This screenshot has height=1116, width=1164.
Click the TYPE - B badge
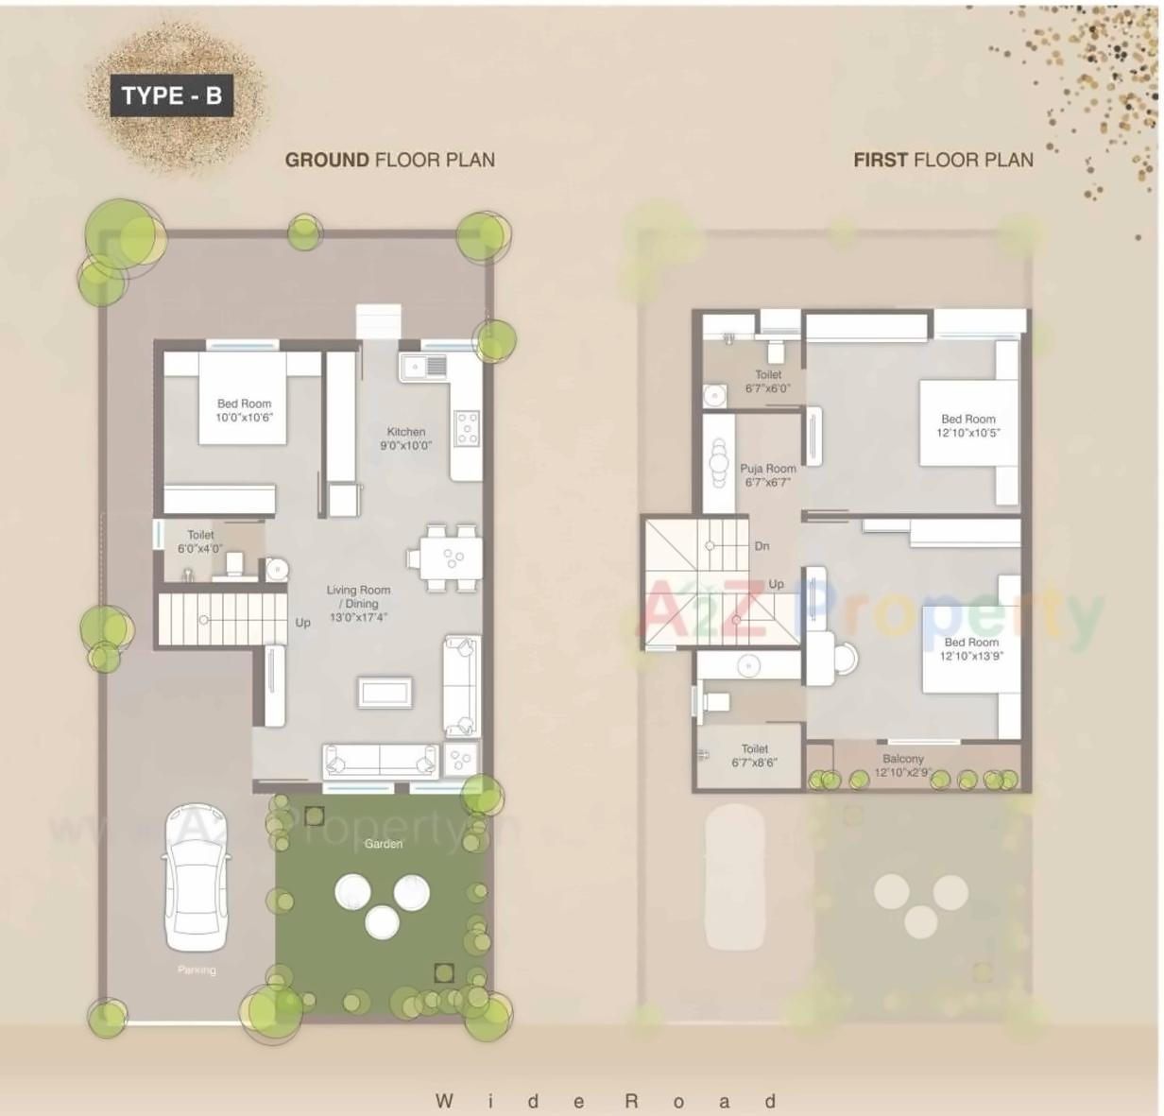click(171, 95)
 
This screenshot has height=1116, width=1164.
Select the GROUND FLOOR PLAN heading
click(389, 160)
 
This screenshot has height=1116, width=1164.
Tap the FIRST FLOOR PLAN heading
click(943, 160)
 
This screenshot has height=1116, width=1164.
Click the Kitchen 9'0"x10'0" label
click(406, 438)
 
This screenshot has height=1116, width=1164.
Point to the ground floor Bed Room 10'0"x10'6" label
click(244, 410)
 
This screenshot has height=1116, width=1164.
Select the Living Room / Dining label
click(358, 603)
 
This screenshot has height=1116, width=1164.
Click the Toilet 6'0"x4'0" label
click(200, 541)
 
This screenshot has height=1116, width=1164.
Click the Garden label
click(384, 844)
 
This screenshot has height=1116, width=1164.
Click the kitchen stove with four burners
click(467, 427)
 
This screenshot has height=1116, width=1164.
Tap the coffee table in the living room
click(385, 692)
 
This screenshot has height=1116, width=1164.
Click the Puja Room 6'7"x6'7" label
click(767, 475)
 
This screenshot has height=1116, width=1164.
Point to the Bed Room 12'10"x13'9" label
click(971, 649)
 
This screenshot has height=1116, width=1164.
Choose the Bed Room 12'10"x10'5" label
click(968, 426)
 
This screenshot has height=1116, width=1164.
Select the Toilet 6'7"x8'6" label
click(754, 755)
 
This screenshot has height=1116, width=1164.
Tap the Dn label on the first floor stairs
click(762, 546)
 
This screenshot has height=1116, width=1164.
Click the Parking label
click(197, 970)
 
